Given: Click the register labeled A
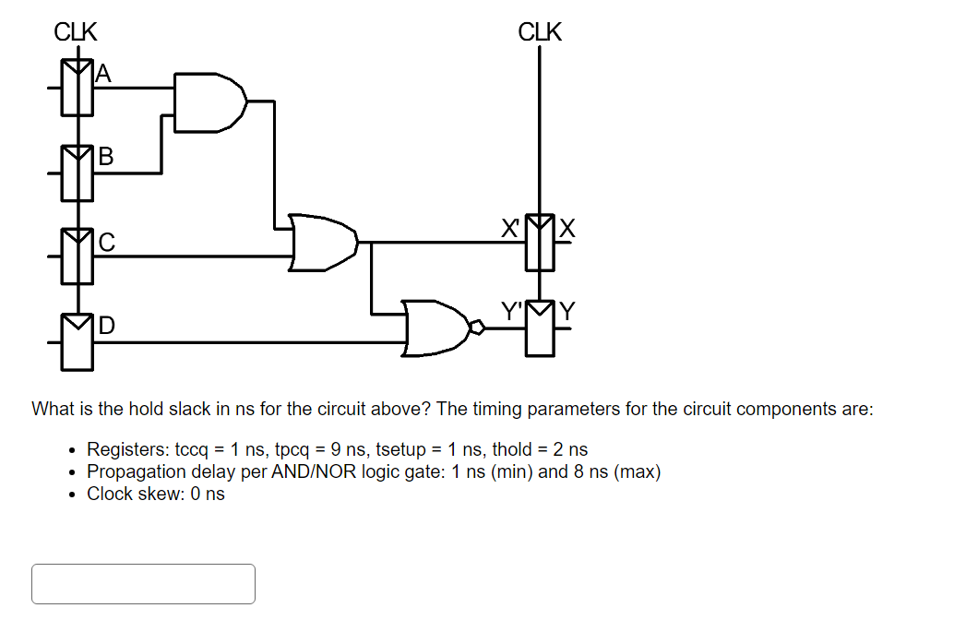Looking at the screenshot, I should point(78,88).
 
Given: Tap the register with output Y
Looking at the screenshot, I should point(540,328).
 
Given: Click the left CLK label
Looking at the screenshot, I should point(76,32).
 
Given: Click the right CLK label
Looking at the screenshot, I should point(540,32).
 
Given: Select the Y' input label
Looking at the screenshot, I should point(511,312).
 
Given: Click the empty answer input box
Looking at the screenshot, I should point(143,584).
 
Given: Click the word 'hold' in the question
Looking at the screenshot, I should point(146,409).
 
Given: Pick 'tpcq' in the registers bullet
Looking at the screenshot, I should point(293,450).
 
